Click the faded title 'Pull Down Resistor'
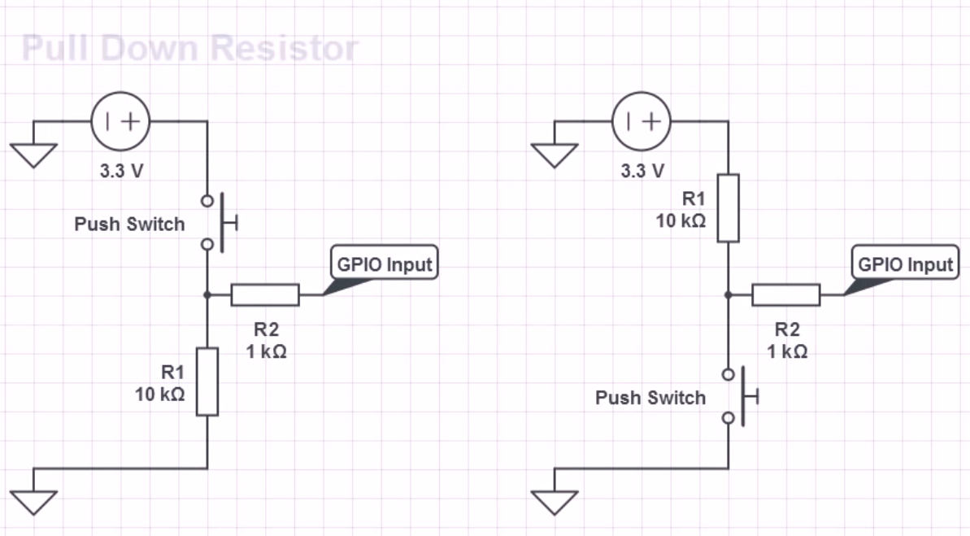click(190, 48)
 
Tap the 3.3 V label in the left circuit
click(122, 171)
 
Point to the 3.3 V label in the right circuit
click(643, 171)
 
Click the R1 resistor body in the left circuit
click(207, 381)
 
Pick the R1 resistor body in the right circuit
click(729, 208)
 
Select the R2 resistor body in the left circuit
click(265, 294)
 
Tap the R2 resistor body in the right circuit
click(786, 294)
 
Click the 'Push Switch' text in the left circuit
click(129, 224)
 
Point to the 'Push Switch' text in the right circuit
click(650, 398)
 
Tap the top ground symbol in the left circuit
click(34, 155)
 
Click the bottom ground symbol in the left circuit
click(34, 503)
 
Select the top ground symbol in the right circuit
click(555, 155)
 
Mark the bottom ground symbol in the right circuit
click(555, 503)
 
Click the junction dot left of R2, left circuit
click(207, 295)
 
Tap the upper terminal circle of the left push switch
click(207, 201)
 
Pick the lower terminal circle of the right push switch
click(729, 418)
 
